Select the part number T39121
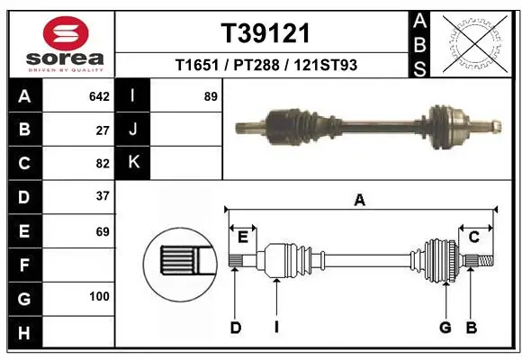point(265,33)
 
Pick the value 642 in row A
point(99,96)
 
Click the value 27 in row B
point(103,130)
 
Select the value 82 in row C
point(103,164)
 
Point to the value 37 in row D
point(103,196)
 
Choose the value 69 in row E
point(103,231)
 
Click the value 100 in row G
point(99,296)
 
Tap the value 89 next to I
point(211,96)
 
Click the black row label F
point(24,265)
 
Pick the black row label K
point(134,163)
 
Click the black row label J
point(134,130)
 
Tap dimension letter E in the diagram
point(242,237)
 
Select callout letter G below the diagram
point(444,328)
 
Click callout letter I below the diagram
point(276,328)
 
